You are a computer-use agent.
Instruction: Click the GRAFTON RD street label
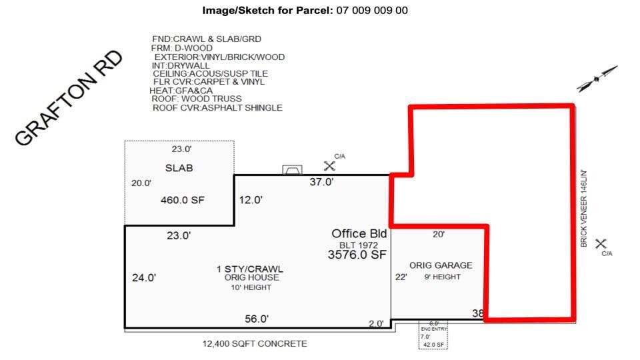69,98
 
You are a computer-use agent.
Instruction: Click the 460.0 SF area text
182,199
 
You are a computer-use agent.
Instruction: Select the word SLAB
179,168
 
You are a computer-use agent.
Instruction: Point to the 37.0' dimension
321,182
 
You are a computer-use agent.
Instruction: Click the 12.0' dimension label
251,199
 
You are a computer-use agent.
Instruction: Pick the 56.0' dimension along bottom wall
256,319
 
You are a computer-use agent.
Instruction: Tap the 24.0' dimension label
144,278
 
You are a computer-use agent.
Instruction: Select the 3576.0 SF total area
357,255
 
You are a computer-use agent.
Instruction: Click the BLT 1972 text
359,245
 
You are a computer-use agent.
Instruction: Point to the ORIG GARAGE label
441,265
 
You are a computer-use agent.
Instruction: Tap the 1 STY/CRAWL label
250,269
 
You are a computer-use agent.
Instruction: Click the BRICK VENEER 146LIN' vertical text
583,209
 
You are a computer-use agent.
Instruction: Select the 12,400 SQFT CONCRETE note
255,344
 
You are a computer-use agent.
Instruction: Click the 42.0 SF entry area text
433,345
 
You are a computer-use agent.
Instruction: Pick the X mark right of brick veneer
601,244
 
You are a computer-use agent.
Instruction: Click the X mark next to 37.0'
329,165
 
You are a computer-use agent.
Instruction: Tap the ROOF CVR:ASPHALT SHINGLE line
217,108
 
